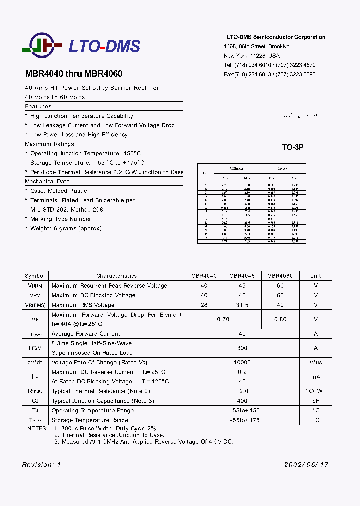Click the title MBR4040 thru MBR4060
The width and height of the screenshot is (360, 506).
point(74,74)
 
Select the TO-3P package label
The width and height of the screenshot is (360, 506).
point(293,147)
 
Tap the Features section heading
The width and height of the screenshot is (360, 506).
point(38,106)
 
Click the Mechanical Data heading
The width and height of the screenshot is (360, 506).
point(47,182)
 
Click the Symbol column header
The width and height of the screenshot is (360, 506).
point(35,276)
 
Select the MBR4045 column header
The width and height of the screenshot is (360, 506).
point(242,276)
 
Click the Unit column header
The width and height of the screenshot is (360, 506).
point(315,276)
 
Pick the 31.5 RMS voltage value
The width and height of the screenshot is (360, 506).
point(242,305)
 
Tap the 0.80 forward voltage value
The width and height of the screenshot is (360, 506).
point(280,319)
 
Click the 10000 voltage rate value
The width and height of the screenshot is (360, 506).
point(242,362)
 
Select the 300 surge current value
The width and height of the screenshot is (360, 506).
point(242,348)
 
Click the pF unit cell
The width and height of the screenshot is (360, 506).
point(315,401)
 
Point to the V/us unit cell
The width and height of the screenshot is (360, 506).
point(315,362)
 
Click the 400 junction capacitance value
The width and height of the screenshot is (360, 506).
point(242,401)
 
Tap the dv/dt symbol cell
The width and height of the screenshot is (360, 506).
point(35,362)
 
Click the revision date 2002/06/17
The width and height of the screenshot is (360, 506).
point(306,465)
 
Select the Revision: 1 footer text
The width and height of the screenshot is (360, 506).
point(41,465)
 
